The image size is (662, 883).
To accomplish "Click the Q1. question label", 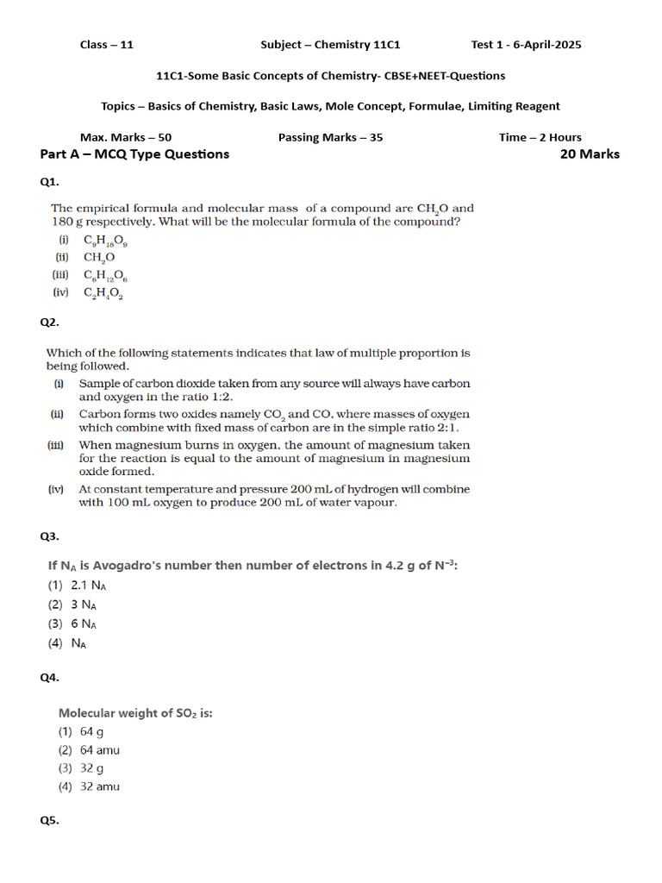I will point(49,182).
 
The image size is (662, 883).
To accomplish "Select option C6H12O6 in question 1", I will point(106,276).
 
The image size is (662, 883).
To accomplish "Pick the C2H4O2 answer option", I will point(103,294).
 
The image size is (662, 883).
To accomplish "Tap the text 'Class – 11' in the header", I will point(107,45).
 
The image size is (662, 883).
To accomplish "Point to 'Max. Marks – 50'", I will point(126,137).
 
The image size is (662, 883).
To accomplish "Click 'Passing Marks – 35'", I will point(330,137).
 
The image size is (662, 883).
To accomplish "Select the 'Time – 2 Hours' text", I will point(540,137).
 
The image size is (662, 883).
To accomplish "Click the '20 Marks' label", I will point(590,154).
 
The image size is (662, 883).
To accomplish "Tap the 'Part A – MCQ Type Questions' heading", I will point(134,154).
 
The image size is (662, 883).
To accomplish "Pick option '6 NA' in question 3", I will point(84,623).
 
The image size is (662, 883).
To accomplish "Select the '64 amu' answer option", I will point(99,750).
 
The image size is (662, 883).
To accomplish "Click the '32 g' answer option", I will point(91,768).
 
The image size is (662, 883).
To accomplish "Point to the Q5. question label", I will point(49,821).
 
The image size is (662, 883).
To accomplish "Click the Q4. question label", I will point(49,678).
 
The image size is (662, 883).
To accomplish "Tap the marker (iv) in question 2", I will point(56,489).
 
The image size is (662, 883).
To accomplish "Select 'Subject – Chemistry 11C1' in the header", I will point(330,45).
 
